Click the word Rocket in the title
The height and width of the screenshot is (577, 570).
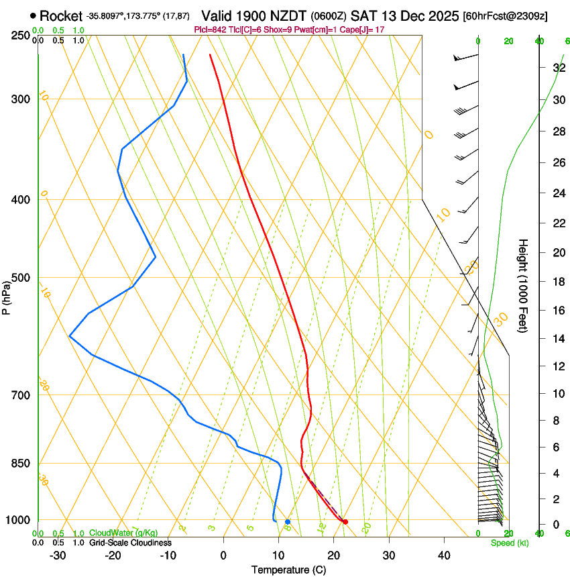tap(60, 15)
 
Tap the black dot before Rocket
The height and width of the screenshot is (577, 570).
tap(33, 15)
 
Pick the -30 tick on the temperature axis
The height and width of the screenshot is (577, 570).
tap(58, 555)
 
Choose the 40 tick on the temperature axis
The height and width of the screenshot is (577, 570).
tap(444, 555)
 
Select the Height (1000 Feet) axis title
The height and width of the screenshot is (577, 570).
tap(523, 285)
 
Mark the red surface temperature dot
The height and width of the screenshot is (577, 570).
tap(345, 521)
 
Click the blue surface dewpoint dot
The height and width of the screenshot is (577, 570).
tap(288, 521)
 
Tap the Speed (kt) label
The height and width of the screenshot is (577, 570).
tap(509, 543)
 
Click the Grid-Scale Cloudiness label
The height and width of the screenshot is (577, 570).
tap(130, 543)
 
